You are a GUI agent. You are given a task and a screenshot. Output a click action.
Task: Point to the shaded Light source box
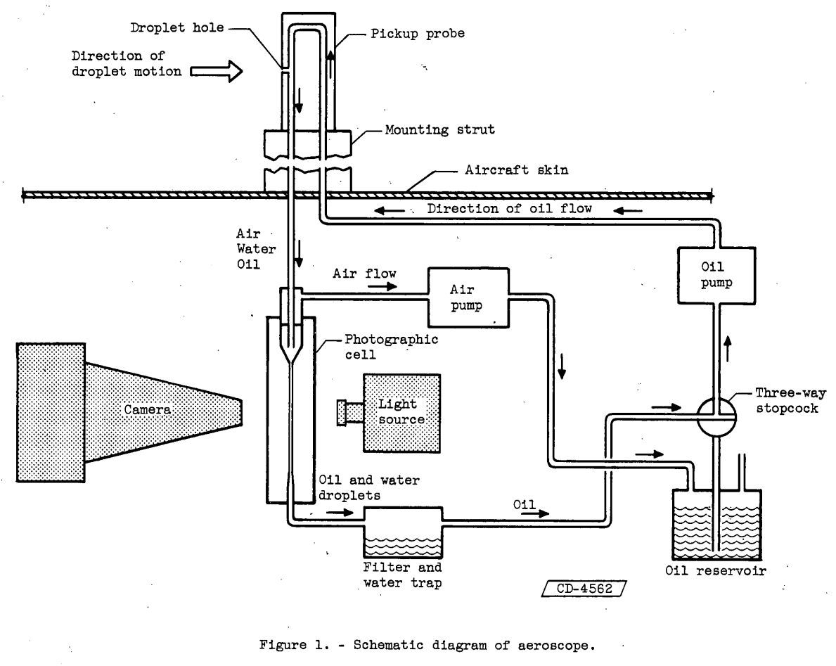401,412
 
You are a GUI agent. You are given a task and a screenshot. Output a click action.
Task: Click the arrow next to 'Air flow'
387,286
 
